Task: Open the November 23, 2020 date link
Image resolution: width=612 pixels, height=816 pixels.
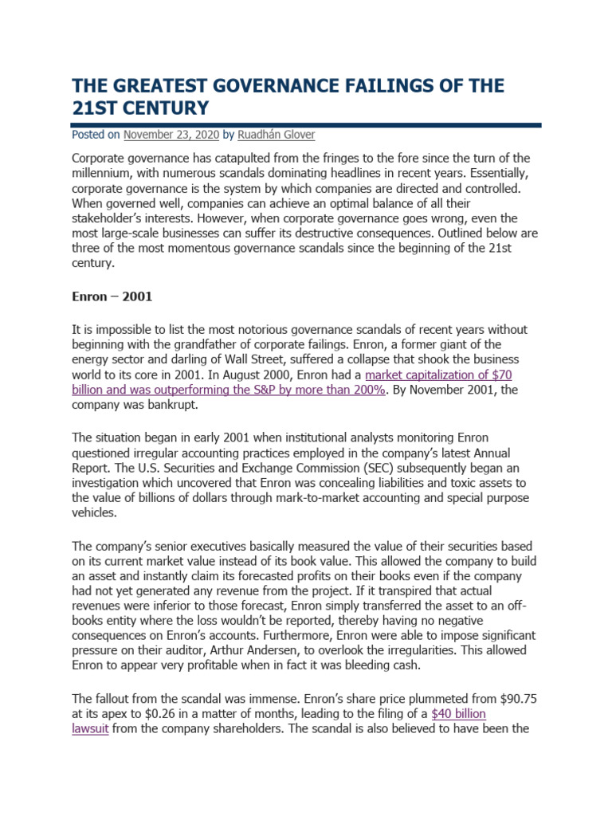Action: pyautogui.click(x=170, y=135)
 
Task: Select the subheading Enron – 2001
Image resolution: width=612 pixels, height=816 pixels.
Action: pyautogui.click(x=112, y=296)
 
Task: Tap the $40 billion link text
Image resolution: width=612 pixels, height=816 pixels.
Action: pyautogui.click(x=458, y=713)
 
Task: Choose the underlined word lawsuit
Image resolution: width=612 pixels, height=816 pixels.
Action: pyautogui.click(x=90, y=729)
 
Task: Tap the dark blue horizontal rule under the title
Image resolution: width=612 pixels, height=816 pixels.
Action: pyautogui.click(x=306, y=125)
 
